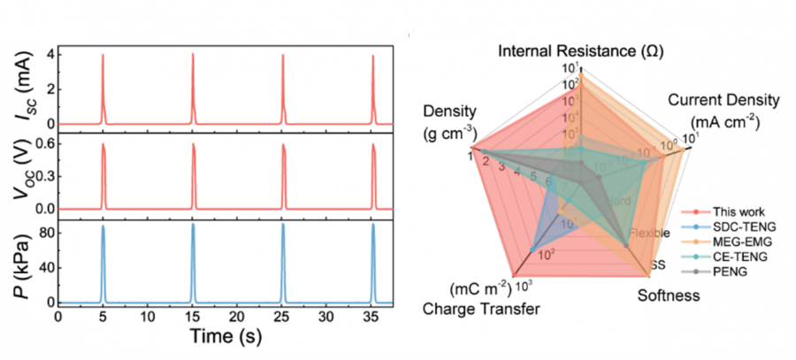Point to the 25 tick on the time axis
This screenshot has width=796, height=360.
click(282, 316)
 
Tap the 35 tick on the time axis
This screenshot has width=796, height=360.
click(372, 316)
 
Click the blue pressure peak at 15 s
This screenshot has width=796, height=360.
click(193, 226)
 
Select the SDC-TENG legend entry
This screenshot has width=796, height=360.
click(740, 226)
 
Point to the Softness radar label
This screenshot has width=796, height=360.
click(670, 295)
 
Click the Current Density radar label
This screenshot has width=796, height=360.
click(723, 99)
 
